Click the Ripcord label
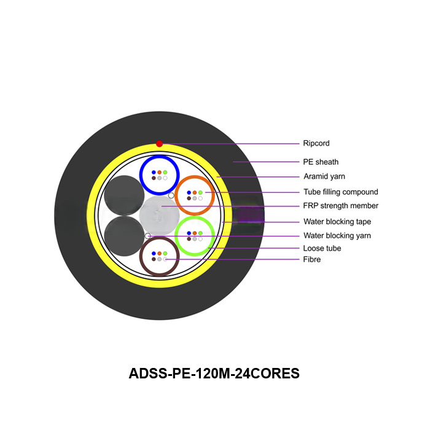click(x=316, y=143)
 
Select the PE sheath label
click(x=321, y=162)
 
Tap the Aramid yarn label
click(x=324, y=177)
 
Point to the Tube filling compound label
click(x=340, y=192)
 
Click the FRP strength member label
click(x=341, y=206)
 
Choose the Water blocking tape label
click(x=337, y=222)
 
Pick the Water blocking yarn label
click(x=337, y=235)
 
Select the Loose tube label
click(x=322, y=248)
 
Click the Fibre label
click(x=311, y=259)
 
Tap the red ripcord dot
click(x=160, y=144)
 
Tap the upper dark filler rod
click(x=123, y=194)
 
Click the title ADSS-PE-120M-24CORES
click(x=214, y=373)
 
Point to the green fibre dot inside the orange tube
click(x=200, y=192)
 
